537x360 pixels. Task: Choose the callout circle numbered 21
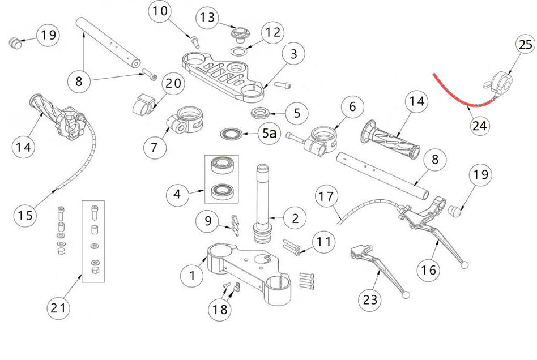click(x=59, y=308)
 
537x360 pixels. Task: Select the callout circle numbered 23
click(x=372, y=298)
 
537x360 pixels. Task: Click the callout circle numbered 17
click(x=325, y=197)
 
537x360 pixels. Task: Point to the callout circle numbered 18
click(x=221, y=309)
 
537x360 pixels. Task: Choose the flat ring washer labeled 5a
click(x=231, y=134)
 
